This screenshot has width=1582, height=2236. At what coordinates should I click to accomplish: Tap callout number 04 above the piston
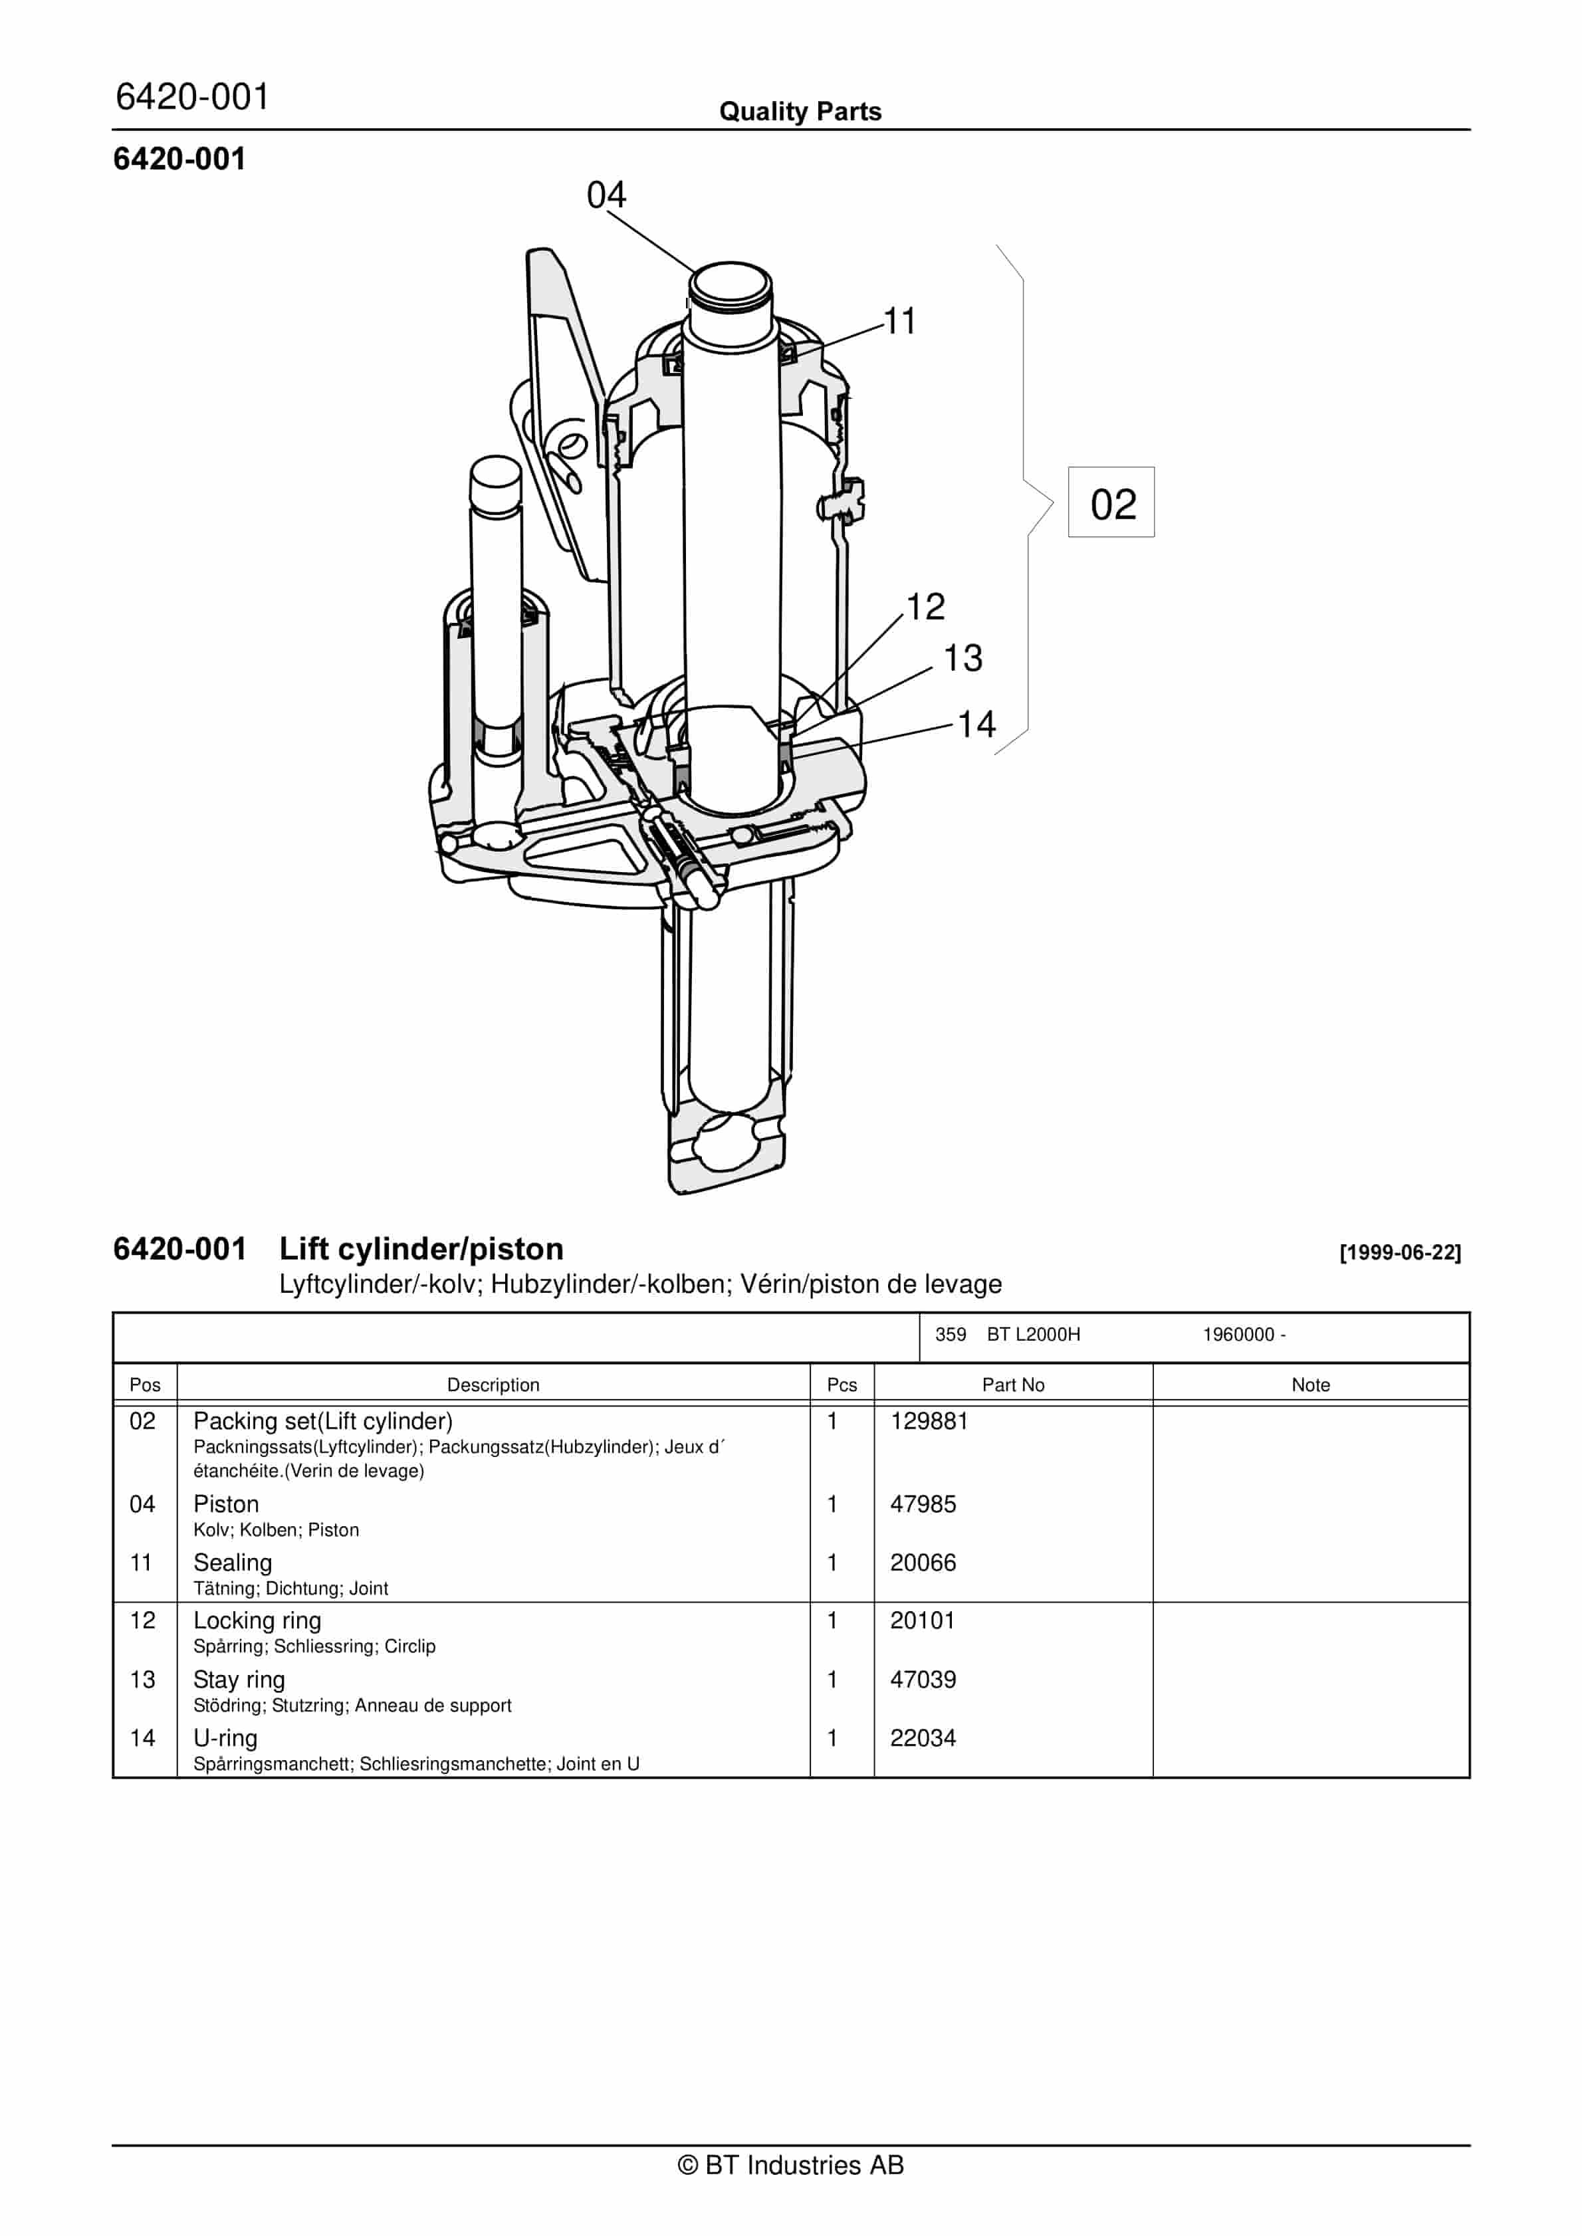click(606, 195)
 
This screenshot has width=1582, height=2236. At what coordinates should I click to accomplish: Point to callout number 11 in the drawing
click(899, 322)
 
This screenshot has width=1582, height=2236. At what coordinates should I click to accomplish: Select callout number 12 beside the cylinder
click(925, 607)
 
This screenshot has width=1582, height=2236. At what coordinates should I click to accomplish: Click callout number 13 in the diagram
click(962, 658)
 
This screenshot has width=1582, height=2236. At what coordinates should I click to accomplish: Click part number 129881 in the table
click(929, 1421)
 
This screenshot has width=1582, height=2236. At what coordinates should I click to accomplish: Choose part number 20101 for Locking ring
click(923, 1621)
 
